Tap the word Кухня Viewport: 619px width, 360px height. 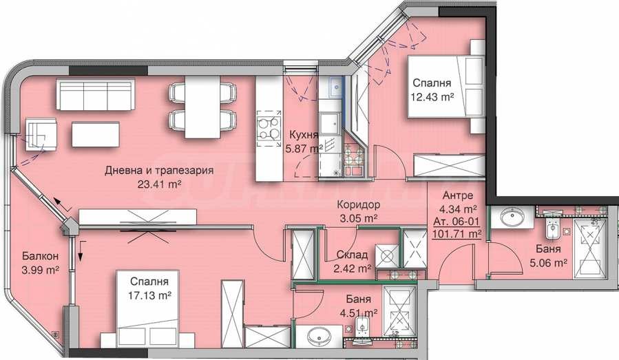tap(302, 134)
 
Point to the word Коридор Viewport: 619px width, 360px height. tap(359, 204)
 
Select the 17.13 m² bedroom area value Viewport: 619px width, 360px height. tap(144, 295)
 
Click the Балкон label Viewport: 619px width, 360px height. tap(33, 255)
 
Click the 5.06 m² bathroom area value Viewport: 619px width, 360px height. tap(549, 262)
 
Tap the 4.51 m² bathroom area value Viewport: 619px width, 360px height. tap(355, 313)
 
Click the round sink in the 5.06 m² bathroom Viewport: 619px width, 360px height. tap(511, 218)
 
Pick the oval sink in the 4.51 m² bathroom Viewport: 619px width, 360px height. tap(319, 337)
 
